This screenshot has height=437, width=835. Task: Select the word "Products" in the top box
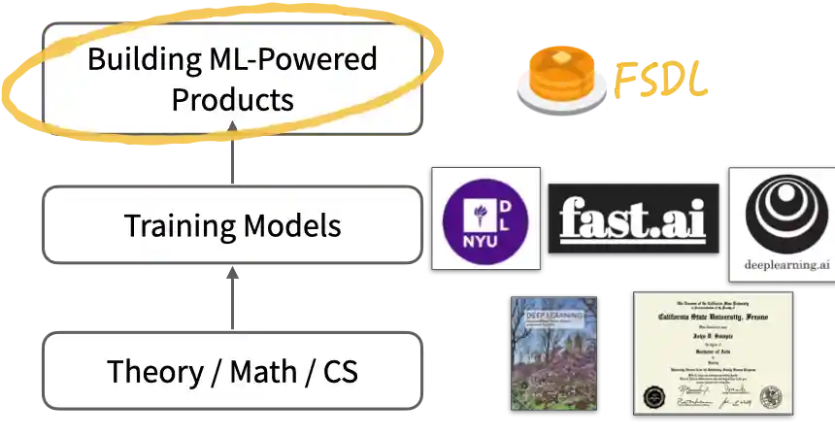pyautogui.click(x=232, y=99)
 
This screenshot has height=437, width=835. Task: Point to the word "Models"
pyautogui.click(x=292, y=226)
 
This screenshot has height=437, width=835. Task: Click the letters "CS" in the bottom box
pyautogui.click(x=339, y=371)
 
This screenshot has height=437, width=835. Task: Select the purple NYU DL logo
pyautogui.click(x=484, y=217)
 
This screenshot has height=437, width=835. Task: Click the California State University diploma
pyautogui.click(x=708, y=352)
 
